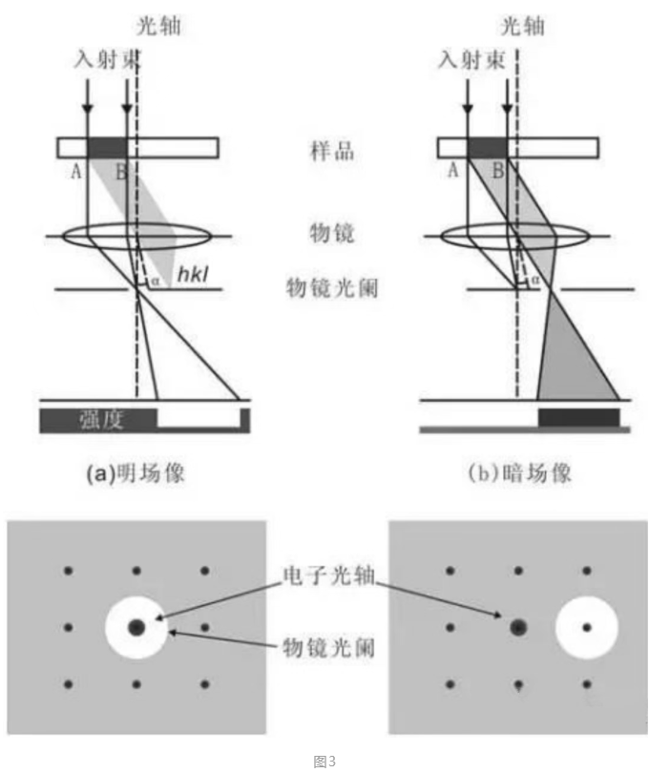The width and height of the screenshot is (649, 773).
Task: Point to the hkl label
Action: tap(192, 278)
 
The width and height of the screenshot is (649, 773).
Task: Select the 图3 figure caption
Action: tap(324, 761)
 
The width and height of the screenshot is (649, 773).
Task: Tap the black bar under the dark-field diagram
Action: tap(579, 417)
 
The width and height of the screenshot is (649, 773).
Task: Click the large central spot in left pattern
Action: tap(136, 627)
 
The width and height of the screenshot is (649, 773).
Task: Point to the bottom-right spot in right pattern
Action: tap(586, 684)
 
